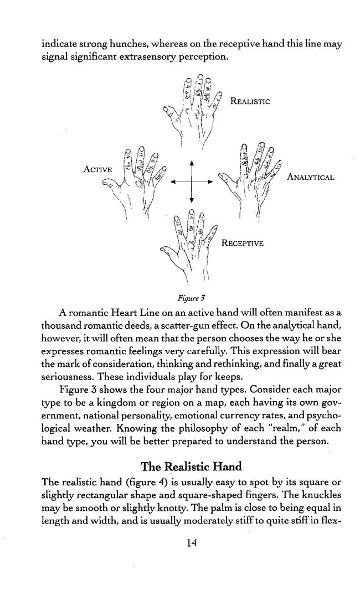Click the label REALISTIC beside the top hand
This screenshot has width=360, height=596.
(250, 101)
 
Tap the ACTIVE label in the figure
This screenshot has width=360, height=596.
(98, 169)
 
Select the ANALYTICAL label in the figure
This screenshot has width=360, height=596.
(311, 177)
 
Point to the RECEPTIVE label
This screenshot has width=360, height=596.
(243, 243)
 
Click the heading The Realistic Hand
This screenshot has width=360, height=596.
(192, 467)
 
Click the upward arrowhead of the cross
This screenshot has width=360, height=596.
(192, 164)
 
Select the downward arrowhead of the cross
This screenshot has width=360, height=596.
(192, 200)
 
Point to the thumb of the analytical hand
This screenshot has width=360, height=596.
(224, 177)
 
